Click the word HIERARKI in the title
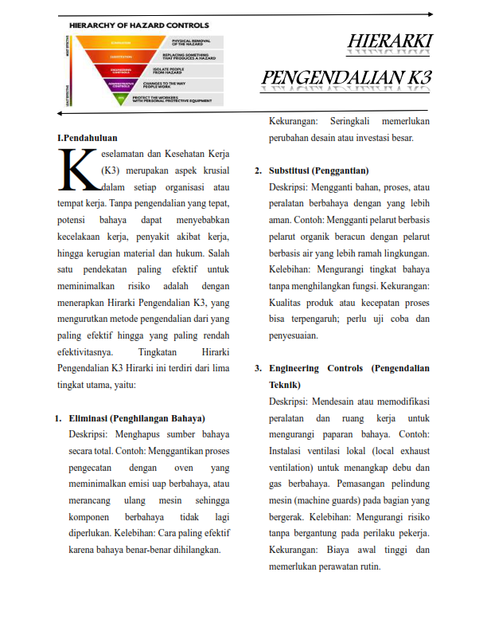390,40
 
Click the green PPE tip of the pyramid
121,99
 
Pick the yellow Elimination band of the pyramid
121,41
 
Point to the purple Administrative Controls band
121,84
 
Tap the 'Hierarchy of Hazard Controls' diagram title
139,25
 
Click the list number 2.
258,170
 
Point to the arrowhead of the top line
429,14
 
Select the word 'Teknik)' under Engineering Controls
285,384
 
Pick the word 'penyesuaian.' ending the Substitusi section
294,335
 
